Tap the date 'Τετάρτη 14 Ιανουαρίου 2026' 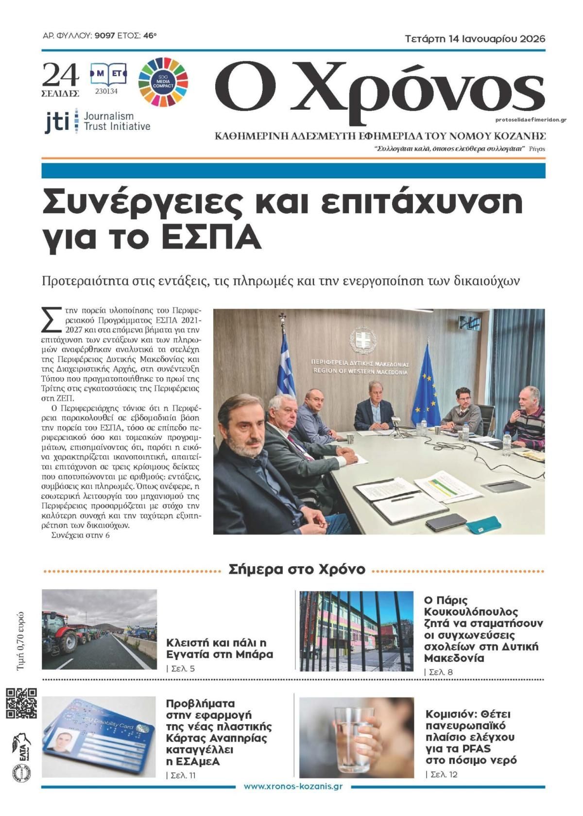[475, 39]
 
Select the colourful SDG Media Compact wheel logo [163, 80]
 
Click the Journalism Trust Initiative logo [97, 121]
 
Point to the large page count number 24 [60, 75]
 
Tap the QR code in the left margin [21, 703]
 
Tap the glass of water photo [356, 737]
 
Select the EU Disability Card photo [99, 737]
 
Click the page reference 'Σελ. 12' [444, 774]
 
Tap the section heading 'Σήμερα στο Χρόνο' [296, 569]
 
